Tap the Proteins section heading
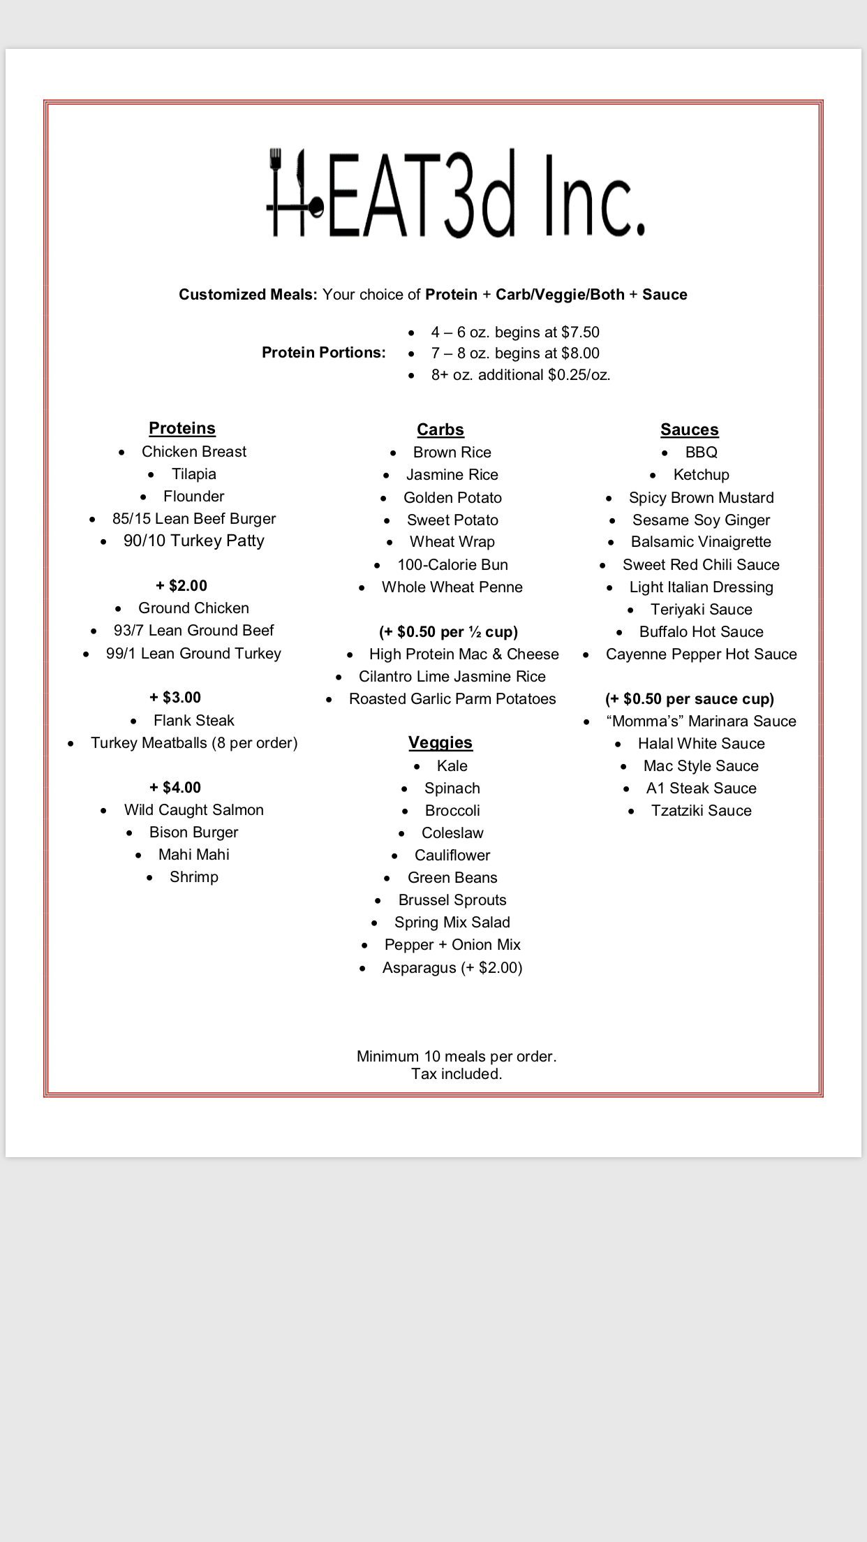[x=182, y=428]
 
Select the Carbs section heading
[x=440, y=429]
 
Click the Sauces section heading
[x=690, y=429]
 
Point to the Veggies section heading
[x=440, y=742]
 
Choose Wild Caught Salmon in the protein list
[x=194, y=810]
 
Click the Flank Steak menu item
[x=194, y=720]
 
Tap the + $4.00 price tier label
[x=175, y=788]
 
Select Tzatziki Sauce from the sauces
[x=702, y=811]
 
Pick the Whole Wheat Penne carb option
[x=452, y=587]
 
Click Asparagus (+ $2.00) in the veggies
[x=452, y=968]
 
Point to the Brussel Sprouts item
[x=452, y=900]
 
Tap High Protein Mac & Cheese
[x=464, y=654]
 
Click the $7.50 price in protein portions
[x=581, y=332]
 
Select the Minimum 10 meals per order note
[x=457, y=1057]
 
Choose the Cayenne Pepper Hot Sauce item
[x=702, y=654]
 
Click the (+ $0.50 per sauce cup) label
[x=690, y=699]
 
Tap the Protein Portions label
[x=324, y=353]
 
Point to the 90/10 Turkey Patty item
[x=194, y=541]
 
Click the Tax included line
[x=457, y=1074]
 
